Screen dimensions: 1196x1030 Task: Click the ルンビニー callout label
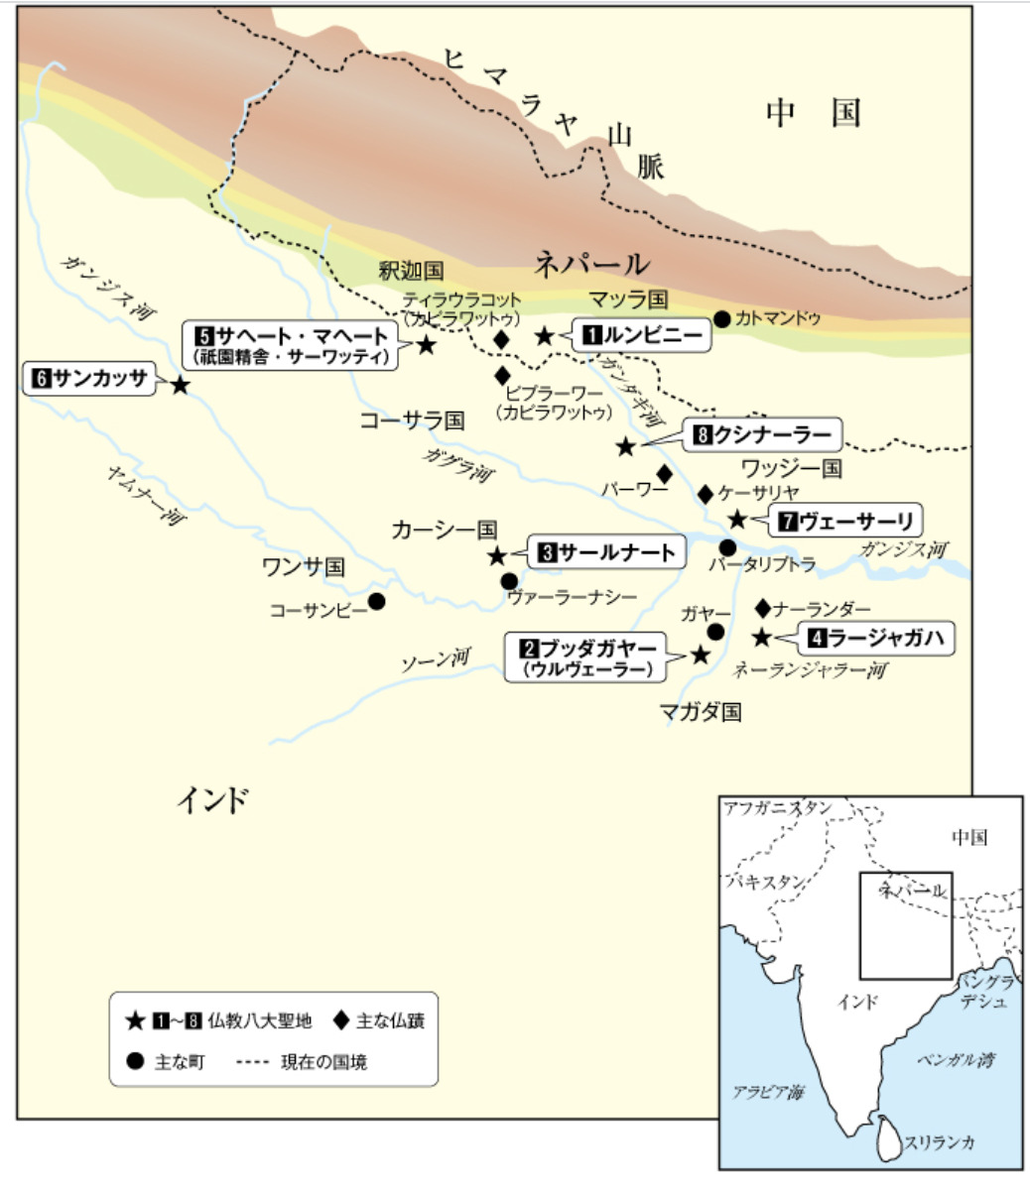[641, 336]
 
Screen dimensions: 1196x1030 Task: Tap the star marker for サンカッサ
[180, 385]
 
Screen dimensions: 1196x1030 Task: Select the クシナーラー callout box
[761, 434]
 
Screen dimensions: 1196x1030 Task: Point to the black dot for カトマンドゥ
[722, 318]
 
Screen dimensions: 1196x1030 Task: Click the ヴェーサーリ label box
[844, 520]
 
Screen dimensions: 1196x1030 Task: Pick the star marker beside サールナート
[497, 555]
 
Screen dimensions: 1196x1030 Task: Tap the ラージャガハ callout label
[876, 638]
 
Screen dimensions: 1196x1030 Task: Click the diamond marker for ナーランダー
[763, 607]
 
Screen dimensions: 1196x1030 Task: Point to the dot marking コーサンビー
[377, 601]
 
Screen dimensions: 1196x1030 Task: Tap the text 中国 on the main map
[813, 114]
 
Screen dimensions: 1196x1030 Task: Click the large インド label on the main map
[212, 799]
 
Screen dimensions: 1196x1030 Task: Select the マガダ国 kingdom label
[701, 711]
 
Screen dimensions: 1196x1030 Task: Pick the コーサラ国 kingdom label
[412, 420]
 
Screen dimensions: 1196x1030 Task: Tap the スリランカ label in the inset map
[940, 1142]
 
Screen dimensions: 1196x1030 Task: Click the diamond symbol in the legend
[341, 1018]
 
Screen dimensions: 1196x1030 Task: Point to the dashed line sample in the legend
[252, 1062]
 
